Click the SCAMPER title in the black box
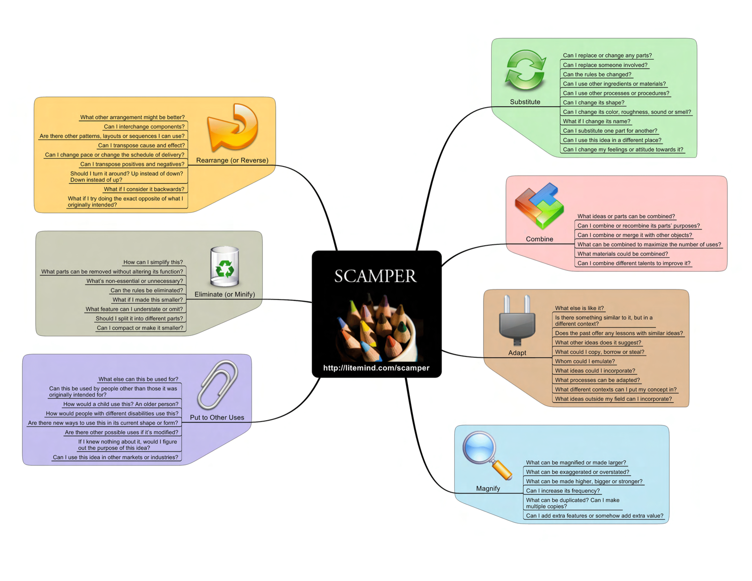pos(376,276)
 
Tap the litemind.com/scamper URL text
pos(376,368)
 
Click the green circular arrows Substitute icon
pos(525,70)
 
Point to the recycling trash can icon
pos(224,267)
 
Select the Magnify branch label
pos(488,488)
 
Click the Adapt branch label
pos(517,353)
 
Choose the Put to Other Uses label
pos(217,417)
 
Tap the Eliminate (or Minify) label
pos(224,294)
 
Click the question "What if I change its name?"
pos(596,121)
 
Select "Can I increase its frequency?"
pos(563,491)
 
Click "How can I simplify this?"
pos(153,262)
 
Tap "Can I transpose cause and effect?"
pos(141,145)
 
